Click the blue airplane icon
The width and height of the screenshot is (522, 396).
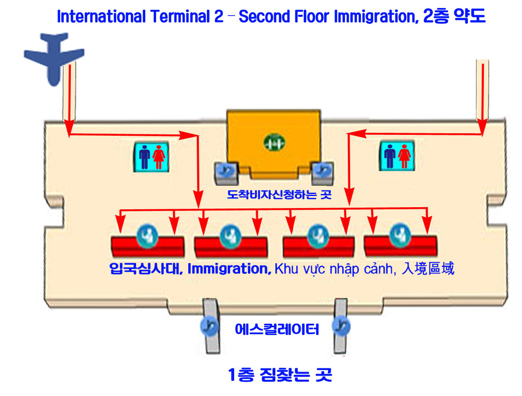click(x=53, y=56)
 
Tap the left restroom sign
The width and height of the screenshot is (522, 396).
click(x=151, y=156)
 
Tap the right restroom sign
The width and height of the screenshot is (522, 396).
click(x=398, y=156)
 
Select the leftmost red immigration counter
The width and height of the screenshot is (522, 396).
click(x=148, y=246)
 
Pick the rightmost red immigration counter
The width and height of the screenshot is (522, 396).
click(x=400, y=245)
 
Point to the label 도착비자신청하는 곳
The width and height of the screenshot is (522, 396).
click(x=279, y=194)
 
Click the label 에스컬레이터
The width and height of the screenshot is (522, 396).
click(x=277, y=329)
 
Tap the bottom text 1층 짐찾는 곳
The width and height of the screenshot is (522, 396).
click(x=280, y=375)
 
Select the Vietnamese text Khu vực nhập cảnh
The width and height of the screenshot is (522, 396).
click(x=334, y=269)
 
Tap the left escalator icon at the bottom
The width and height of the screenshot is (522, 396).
click(x=208, y=325)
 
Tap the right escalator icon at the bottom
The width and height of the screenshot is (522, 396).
click(x=340, y=325)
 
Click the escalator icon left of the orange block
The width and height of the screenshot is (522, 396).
click(x=225, y=171)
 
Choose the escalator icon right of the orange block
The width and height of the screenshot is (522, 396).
click(x=322, y=171)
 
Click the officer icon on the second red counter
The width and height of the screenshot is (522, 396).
click(x=229, y=234)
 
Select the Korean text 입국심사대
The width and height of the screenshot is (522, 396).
click(x=145, y=269)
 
